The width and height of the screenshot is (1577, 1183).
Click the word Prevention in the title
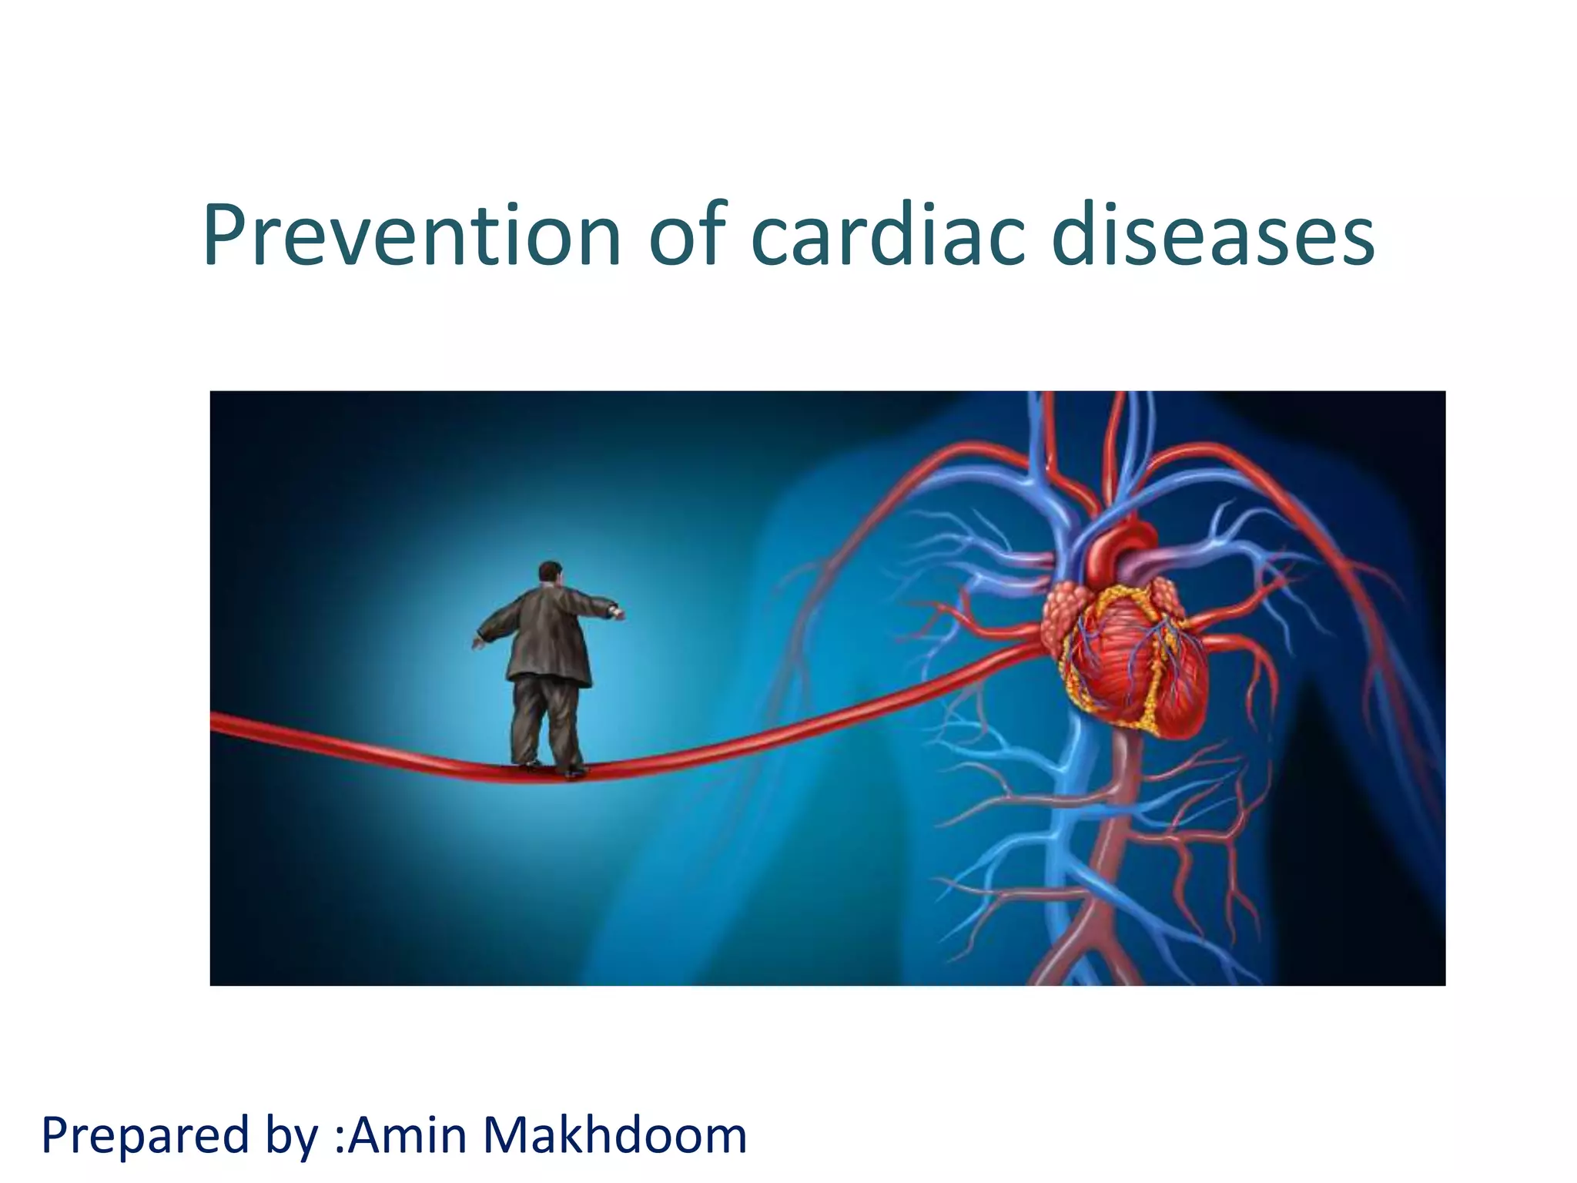point(412,235)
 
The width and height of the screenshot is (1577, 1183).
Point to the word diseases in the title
point(1213,235)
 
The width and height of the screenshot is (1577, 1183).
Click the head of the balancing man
point(549,572)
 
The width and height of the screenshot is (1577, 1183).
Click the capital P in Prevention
point(228,235)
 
